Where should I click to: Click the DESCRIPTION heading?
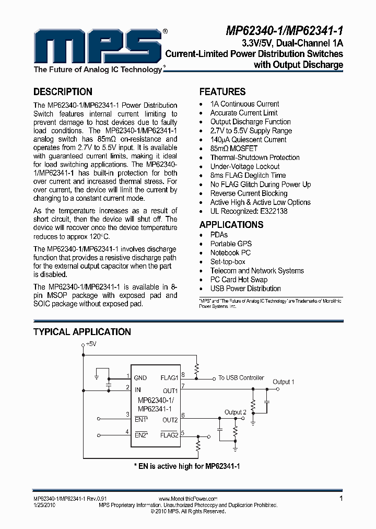point(63,91)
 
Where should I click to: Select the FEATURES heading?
point(222,91)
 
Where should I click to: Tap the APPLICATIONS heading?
point(231,225)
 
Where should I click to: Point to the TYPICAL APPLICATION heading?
point(82,332)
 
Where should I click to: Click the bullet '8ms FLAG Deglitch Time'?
point(248,176)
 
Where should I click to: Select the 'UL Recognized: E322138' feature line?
point(249,211)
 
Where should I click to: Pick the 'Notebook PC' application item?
point(230,253)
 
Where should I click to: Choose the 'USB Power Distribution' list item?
point(245,289)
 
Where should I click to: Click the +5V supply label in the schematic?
point(91,343)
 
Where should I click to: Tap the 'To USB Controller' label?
point(241,377)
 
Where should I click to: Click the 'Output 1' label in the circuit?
point(284,382)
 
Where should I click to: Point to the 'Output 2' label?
point(235,412)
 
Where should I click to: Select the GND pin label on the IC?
point(140,378)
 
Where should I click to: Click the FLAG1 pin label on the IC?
point(169,378)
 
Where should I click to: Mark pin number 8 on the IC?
point(183,374)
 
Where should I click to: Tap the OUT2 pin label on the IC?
point(170,420)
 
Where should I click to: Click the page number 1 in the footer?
point(341,499)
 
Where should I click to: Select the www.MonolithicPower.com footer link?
point(187,499)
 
